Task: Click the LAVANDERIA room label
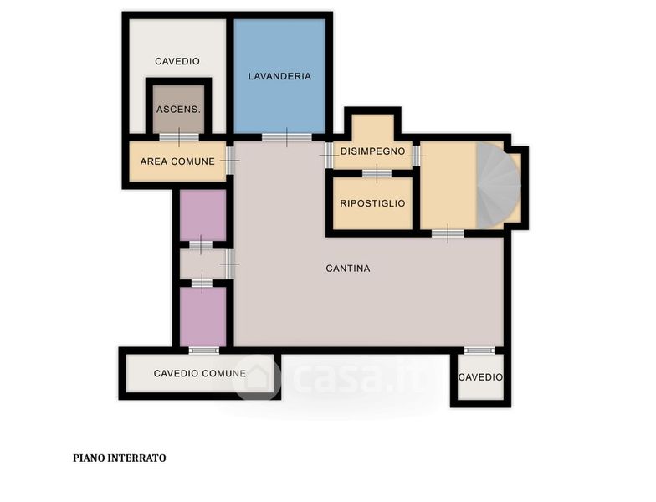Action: [279, 76]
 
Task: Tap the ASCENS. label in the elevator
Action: [179, 110]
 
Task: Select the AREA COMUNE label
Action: [177, 161]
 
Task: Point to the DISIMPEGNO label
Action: [373, 151]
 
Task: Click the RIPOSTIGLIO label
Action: [373, 203]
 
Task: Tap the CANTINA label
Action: [348, 269]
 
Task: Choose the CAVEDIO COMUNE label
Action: [199, 373]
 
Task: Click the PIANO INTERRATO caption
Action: [119, 458]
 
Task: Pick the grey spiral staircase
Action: [497, 186]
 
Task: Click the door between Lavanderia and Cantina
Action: [287, 137]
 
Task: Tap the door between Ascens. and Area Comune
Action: [179, 137]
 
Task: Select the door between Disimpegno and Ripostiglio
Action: [377, 173]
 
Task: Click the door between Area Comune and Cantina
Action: [229, 161]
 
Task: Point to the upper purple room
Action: [202, 215]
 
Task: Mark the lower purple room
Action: [202, 316]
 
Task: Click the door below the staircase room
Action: [448, 233]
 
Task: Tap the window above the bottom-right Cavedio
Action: [479, 351]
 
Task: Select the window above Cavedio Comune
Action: [204, 351]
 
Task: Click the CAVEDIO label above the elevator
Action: [177, 62]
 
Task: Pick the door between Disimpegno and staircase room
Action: [416, 156]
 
